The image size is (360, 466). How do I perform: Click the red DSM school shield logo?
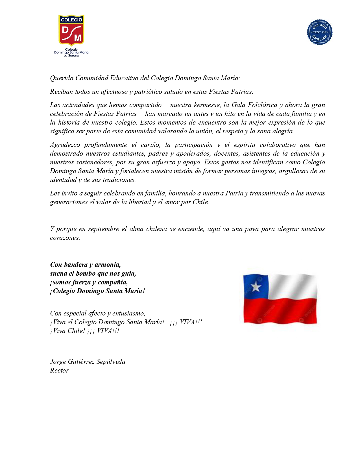[x=71, y=31]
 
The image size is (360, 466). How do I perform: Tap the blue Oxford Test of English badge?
[x=319, y=32]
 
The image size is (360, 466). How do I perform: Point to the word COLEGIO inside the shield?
[x=71, y=20]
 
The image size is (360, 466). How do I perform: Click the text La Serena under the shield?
[x=71, y=56]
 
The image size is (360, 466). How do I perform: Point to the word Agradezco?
[x=65, y=145]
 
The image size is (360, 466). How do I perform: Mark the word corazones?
[x=65, y=238]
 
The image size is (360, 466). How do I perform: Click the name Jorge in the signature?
[x=58, y=362]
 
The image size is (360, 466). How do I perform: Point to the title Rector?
[x=59, y=371]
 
